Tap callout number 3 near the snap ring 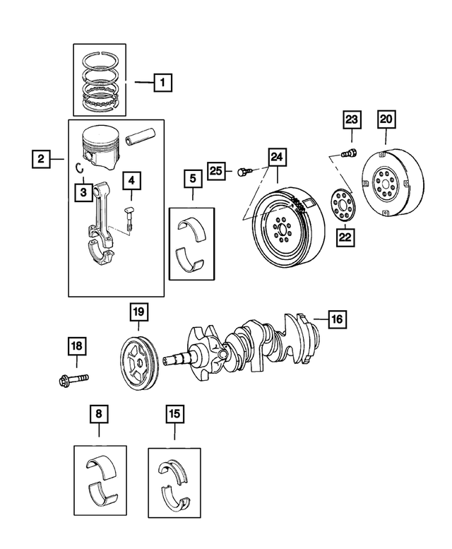click(x=83, y=191)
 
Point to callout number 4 click(x=130, y=182)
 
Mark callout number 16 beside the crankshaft click(x=336, y=319)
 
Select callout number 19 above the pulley click(x=138, y=312)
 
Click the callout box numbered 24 click(x=277, y=156)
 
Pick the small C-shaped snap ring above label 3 click(x=81, y=167)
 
